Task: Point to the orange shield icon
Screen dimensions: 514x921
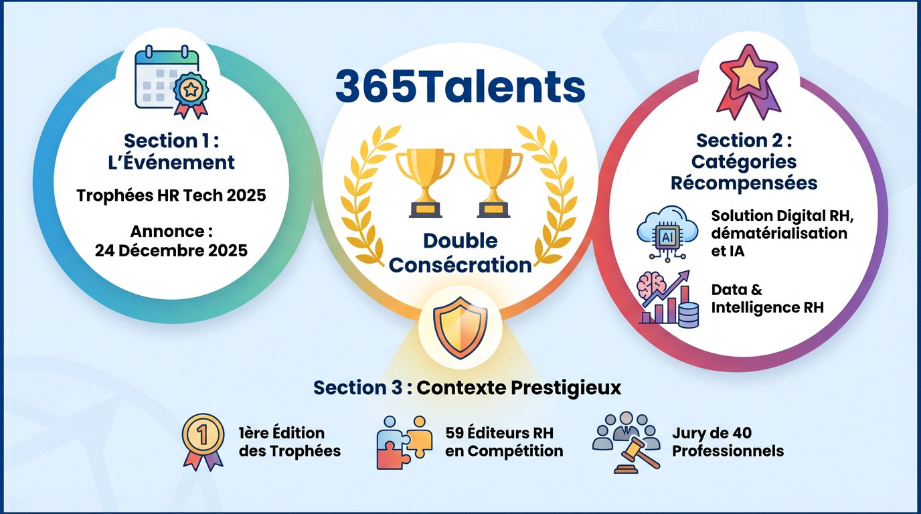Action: [x=460, y=329]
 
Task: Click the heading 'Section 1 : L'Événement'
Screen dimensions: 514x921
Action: [x=171, y=151]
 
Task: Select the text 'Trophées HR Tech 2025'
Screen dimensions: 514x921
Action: [x=171, y=195]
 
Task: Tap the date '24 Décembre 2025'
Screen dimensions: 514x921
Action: [x=171, y=250]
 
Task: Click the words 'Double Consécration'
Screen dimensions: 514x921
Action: [x=460, y=253]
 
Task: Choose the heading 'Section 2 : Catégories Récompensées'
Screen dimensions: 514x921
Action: [x=744, y=161]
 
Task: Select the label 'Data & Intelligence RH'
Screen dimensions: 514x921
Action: [x=767, y=298]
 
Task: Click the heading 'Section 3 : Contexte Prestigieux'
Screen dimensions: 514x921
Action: [x=467, y=388]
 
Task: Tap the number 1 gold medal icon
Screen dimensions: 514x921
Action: [x=203, y=442]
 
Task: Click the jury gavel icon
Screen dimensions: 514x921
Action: [x=626, y=442]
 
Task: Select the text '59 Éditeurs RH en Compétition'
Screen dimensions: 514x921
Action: [x=504, y=442]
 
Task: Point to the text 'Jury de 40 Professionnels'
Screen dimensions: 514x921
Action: [x=728, y=442]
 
